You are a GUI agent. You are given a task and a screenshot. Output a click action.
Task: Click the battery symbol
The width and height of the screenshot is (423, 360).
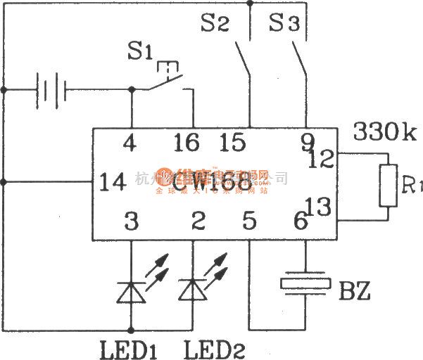click(50, 90)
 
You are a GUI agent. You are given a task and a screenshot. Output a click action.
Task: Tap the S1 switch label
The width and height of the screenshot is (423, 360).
click(140, 52)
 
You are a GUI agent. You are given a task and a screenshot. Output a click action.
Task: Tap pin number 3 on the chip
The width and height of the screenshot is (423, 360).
click(132, 222)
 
